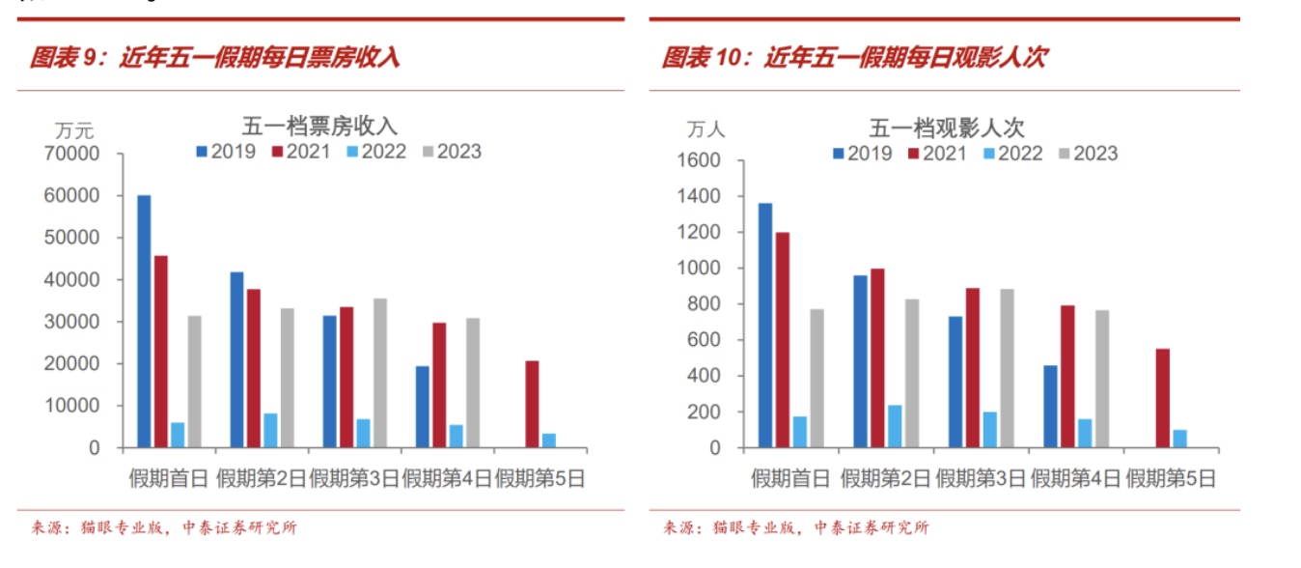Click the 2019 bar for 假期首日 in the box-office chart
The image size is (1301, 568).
click(x=144, y=322)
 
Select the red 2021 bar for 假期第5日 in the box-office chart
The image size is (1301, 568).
click(x=532, y=404)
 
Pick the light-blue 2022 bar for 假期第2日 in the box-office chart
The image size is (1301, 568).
click(x=270, y=431)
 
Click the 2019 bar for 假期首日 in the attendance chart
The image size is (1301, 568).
click(x=765, y=326)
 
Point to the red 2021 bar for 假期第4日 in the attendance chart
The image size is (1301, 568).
click(x=1067, y=377)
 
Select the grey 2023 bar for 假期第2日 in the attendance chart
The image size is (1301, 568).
click(x=912, y=373)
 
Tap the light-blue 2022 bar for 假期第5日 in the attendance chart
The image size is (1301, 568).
click(x=1179, y=439)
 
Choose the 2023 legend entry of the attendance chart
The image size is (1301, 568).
click(x=1088, y=154)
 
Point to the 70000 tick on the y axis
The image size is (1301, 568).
click(x=71, y=154)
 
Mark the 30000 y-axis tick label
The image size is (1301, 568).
click(x=71, y=322)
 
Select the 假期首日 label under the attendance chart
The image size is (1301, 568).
click(x=790, y=478)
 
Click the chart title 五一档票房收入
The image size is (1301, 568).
click(x=318, y=126)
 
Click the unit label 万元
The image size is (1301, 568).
click(x=74, y=128)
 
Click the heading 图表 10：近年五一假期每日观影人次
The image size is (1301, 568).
click(x=853, y=58)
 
